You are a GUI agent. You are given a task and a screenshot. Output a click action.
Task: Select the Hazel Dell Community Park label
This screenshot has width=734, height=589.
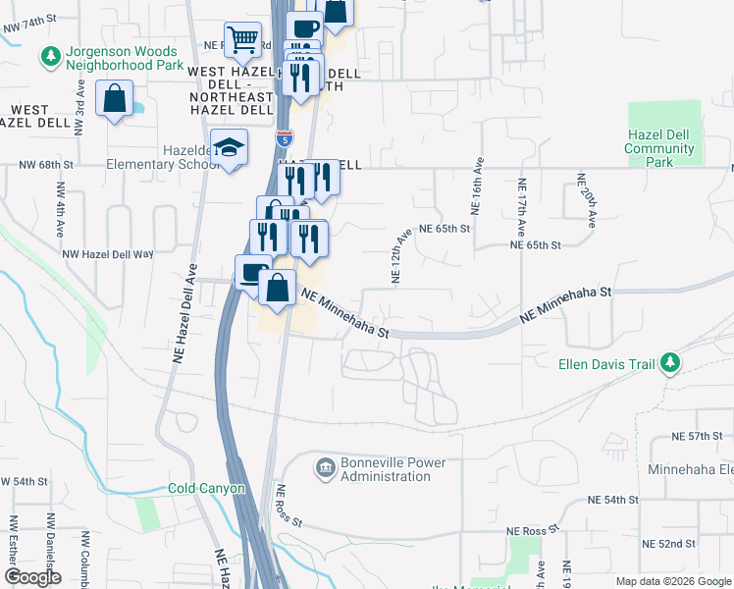click(659, 147)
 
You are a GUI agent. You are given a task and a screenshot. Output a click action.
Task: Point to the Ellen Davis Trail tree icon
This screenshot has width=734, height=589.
click(669, 364)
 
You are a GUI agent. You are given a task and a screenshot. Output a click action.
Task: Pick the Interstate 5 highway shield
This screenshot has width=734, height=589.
click(284, 139)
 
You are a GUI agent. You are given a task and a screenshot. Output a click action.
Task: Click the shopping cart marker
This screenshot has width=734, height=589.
click(242, 40)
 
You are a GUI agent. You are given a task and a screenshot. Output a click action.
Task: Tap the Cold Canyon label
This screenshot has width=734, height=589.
click(207, 488)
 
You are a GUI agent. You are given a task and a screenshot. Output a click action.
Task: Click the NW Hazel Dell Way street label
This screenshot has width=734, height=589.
click(108, 253)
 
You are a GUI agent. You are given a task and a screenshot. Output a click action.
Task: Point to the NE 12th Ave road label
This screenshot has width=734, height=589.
click(400, 257)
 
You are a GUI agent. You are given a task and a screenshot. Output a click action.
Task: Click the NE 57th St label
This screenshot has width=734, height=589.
click(696, 435)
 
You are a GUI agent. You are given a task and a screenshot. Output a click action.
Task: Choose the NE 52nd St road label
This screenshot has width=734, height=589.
click(668, 543)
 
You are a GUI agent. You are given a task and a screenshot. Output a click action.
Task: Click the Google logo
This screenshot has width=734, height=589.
click(32, 577)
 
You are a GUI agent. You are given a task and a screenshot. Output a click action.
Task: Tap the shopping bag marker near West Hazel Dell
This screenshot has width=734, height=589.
click(115, 100)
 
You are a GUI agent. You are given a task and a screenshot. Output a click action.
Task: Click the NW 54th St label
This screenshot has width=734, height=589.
click(25, 482)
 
